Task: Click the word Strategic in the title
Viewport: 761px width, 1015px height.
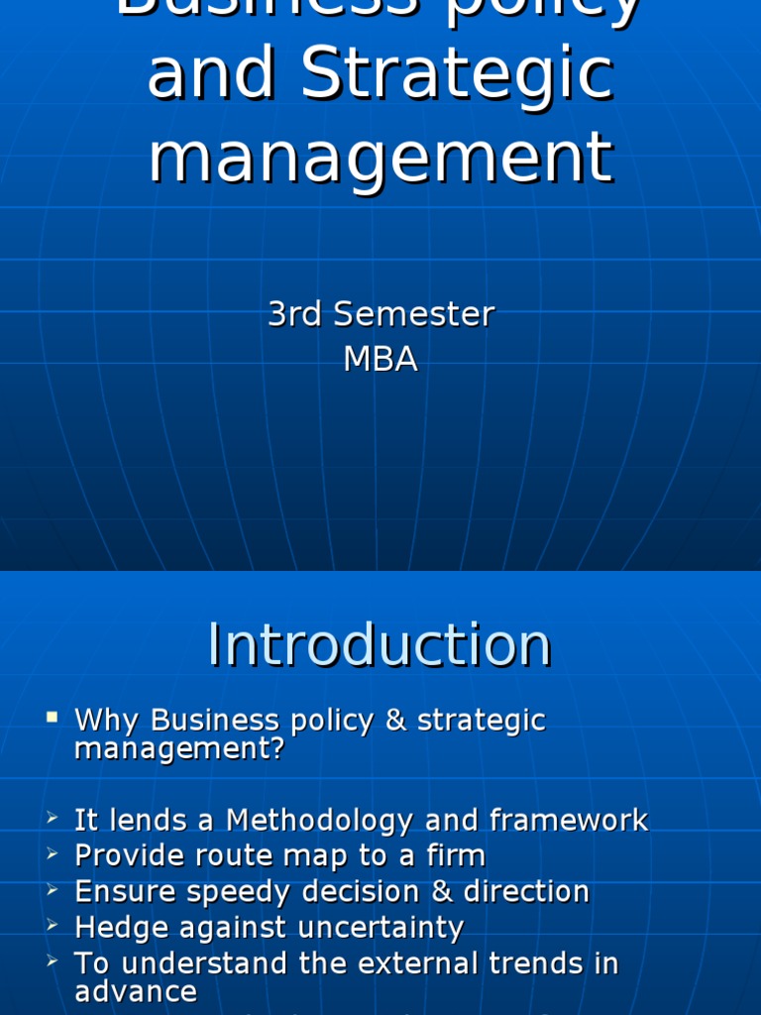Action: coord(457,73)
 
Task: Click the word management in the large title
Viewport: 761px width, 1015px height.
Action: coord(380,157)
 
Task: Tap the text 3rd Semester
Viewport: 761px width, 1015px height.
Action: coord(380,314)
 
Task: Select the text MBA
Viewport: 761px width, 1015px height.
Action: coord(380,359)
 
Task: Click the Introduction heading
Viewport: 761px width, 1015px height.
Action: coord(380,645)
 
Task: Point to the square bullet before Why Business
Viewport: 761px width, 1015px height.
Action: coord(53,717)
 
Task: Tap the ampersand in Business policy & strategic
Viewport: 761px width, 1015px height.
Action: coord(396,720)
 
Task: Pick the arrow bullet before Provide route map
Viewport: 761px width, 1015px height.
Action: coord(53,854)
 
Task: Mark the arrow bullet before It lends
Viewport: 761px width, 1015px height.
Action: coord(53,819)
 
